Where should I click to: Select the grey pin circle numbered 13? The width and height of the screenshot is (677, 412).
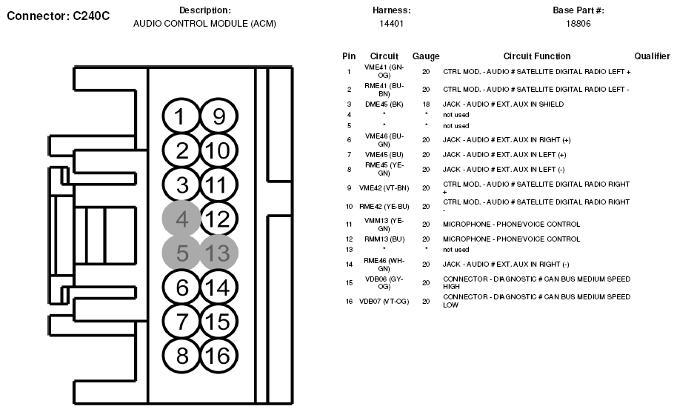[218, 253]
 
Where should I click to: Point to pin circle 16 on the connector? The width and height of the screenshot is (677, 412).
[218, 356]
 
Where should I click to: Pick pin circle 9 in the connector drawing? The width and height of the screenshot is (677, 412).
[218, 117]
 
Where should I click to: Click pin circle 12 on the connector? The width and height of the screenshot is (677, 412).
[218, 219]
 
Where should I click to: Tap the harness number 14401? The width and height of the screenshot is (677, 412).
[391, 24]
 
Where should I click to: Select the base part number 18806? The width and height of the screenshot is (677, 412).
[578, 24]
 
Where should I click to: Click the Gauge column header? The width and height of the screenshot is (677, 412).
[426, 56]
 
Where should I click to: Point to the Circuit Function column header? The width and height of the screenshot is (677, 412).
[537, 56]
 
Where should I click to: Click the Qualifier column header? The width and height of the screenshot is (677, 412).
[653, 56]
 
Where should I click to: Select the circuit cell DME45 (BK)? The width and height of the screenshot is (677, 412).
[384, 104]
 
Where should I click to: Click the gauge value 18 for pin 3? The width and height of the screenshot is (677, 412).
[426, 104]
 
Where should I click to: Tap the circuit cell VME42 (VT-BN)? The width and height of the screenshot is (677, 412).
[384, 187]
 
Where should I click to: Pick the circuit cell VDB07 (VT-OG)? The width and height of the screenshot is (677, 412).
[384, 302]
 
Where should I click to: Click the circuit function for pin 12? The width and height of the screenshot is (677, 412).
[511, 239]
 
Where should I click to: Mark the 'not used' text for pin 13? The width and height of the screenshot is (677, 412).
[456, 250]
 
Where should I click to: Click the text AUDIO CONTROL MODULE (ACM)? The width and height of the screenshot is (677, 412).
[204, 24]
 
